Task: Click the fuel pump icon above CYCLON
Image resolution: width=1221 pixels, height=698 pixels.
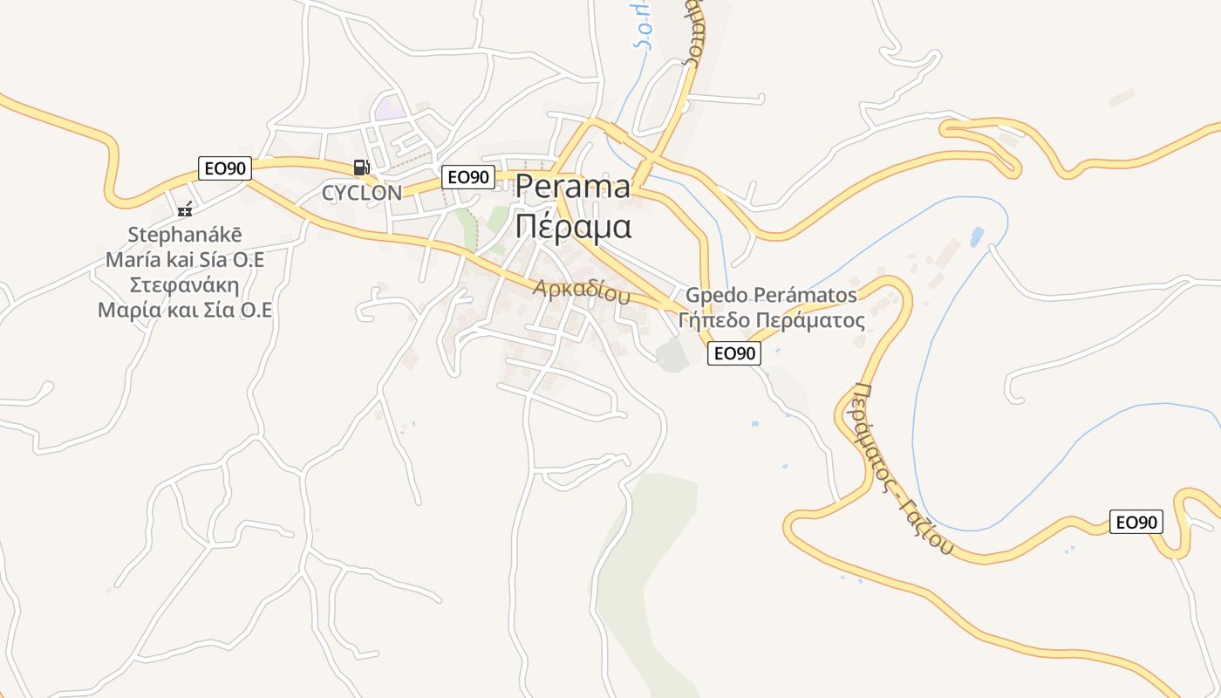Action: click(x=361, y=167)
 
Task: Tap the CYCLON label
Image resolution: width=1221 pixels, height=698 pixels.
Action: click(x=362, y=193)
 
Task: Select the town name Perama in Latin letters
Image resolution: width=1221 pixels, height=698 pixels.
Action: click(x=572, y=187)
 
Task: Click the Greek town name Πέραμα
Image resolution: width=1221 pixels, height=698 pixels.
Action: click(x=572, y=226)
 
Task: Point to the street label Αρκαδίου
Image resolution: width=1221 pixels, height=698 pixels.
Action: click(x=582, y=290)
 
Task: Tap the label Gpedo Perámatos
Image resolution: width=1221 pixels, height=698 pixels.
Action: click(x=771, y=295)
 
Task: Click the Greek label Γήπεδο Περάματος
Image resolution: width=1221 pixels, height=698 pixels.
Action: click(x=771, y=320)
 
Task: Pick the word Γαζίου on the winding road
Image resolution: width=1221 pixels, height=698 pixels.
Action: click(x=925, y=520)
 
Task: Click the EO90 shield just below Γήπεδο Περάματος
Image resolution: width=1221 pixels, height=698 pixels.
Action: click(x=733, y=352)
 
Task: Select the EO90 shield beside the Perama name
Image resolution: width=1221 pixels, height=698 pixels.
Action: click(x=468, y=177)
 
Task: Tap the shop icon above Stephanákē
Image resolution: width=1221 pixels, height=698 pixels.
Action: click(x=185, y=209)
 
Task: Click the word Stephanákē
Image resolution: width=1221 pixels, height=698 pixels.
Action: click(x=185, y=235)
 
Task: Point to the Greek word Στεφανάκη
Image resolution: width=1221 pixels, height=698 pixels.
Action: click(x=185, y=285)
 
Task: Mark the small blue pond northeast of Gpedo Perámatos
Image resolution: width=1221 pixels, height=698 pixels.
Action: click(x=977, y=236)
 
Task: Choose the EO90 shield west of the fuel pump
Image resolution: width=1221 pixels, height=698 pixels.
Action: click(x=225, y=168)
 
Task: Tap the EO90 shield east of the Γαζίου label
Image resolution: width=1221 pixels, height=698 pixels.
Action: click(x=1136, y=522)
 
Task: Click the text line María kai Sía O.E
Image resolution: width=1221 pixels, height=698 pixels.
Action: click(x=185, y=260)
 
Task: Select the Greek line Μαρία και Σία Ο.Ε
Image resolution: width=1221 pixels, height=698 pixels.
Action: click(x=185, y=311)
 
